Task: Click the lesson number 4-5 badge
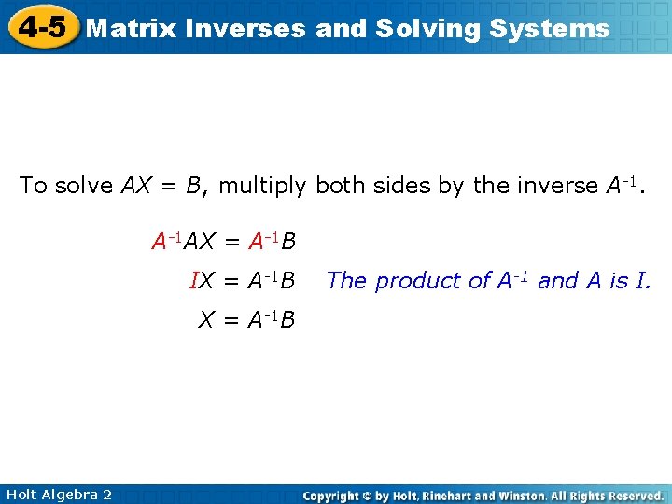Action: tap(41, 27)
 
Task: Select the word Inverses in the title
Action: tap(246, 28)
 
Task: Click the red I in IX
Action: tap(193, 281)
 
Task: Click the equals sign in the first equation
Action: tap(231, 244)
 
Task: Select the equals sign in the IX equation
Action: tap(231, 281)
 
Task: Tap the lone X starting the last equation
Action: tap(206, 320)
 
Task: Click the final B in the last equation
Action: tap(287, 320)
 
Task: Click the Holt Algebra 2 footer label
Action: tap(57, 495)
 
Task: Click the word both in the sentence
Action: tap(340, 186)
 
